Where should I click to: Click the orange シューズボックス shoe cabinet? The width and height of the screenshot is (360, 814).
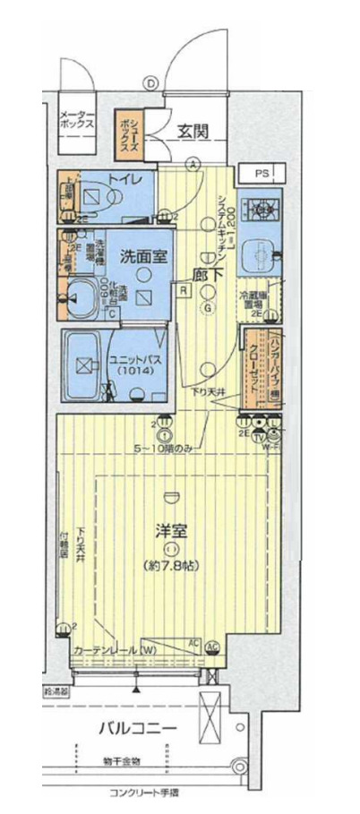pyautogui.click(x=128, y=131)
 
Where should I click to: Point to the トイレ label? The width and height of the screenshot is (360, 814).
pyautogui.click(x=125, y=180)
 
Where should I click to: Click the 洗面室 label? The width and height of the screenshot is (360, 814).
pyautogui.click(x=144, y=256)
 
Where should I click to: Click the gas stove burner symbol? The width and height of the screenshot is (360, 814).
pyautogui.click(x=262, y=210)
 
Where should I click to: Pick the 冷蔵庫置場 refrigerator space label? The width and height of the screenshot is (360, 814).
pyautogui.click(x=250, y=299)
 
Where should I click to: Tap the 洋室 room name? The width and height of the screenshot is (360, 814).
pyautogui.click(x=173, y=530)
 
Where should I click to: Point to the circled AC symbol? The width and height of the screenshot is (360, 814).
pyautogui.click(x=213, y=646)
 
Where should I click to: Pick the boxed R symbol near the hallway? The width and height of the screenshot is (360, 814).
pyautogui.click(x=183, y=289)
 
